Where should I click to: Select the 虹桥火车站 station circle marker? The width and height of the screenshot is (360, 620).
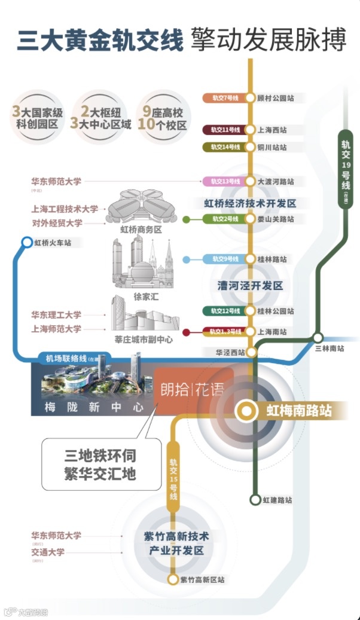[x=26, y=242]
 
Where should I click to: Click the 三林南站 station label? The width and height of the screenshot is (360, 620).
[x=329, y=348]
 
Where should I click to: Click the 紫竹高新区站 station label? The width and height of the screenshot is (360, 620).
[x=203, y=580]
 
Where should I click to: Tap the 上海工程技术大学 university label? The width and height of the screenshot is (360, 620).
[x=65, y=209]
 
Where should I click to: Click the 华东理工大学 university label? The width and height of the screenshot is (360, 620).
[x=56, y=314]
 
